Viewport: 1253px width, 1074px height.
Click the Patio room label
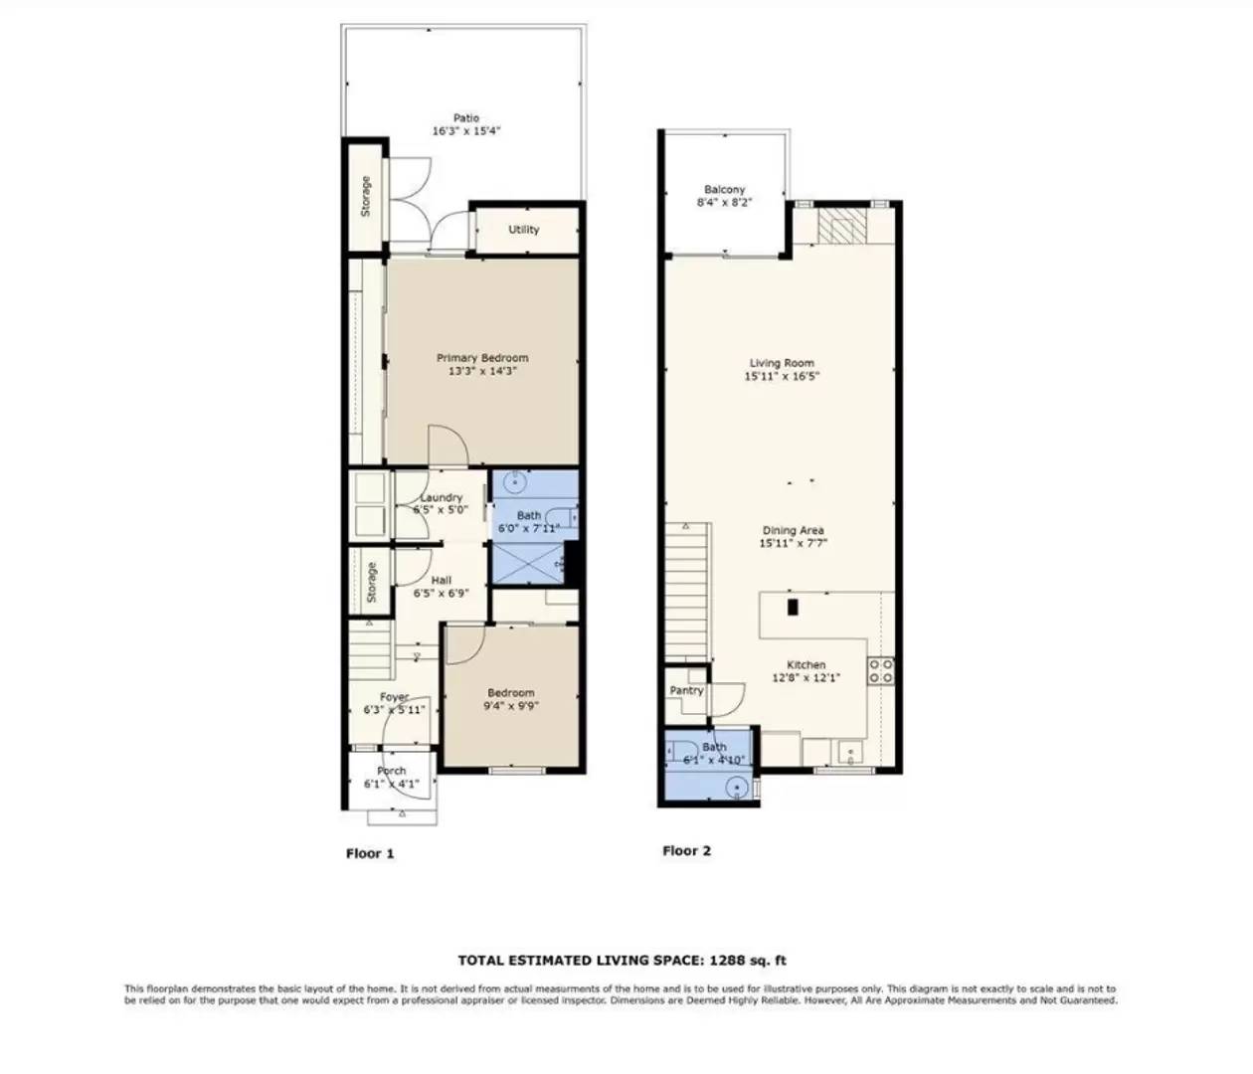465,118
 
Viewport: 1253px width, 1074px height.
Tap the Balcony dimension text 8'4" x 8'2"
724,203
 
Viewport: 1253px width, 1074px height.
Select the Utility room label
523,230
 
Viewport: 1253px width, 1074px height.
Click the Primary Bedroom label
482,358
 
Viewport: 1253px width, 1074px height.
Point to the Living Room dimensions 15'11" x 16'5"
783,377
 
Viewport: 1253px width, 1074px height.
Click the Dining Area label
793,531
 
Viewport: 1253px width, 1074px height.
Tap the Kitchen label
805,665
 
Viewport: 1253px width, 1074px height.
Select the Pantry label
686,690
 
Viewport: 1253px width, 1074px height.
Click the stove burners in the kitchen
881,671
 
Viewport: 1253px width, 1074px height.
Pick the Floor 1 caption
370,853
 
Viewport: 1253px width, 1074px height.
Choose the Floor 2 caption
686,851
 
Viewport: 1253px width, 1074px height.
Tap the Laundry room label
441,497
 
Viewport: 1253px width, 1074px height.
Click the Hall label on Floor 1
441,581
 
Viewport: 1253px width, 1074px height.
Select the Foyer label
394,697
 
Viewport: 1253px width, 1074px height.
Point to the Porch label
391,771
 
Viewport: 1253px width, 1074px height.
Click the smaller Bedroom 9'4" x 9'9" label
510,693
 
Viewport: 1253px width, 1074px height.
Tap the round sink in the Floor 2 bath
736,789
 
